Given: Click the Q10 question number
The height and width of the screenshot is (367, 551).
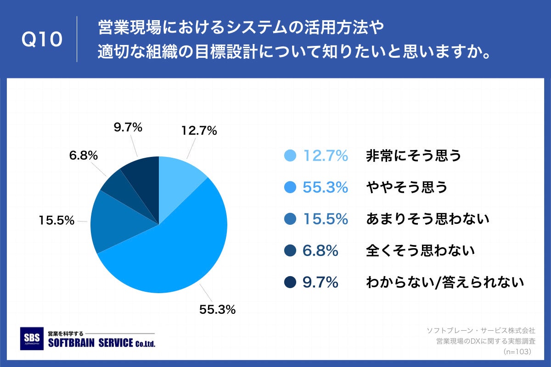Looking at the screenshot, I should click(42, 40).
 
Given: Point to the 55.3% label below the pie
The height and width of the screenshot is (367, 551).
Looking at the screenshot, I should click(217, 310).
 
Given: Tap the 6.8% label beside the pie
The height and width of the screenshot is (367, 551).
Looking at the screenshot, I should click(83, 156).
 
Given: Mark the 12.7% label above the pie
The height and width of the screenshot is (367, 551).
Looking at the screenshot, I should click(199, 131).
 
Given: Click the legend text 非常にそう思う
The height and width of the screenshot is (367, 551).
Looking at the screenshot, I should click(413, 156).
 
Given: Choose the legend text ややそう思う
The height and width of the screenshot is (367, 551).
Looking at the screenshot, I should click(406, 188).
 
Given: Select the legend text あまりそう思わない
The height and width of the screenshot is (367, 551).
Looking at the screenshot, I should click(427, 219).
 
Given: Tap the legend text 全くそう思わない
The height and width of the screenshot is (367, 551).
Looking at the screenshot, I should click(420, 251).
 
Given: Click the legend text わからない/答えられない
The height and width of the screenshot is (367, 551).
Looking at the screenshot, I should click(444, 283).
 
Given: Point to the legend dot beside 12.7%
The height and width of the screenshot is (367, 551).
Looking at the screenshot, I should click(290, 156).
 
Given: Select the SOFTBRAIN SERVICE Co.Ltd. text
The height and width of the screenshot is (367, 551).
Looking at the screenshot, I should click(101, 343).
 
